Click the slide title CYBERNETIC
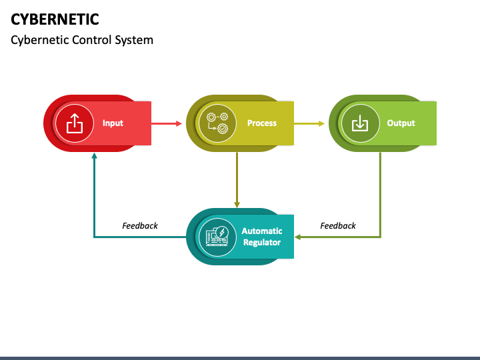(x=55, y=18)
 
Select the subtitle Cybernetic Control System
(x=82, y=40)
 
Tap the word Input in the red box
(x=113, y=123)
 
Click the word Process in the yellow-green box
(x=261, y=123)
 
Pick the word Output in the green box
(x=401, y=123)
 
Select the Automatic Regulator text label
(x=261, y=237)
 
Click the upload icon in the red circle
(x=75, y=123)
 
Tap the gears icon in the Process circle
(x=217, y=123)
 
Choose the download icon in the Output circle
(x=359, y=123)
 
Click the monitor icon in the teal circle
(x=217, y=237)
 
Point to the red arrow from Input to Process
(x=166, y=123)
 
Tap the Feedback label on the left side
(x=140, y=226)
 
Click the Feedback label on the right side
(x=338, y=226)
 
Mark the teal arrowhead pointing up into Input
(x=94, y=156)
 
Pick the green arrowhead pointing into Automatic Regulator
(x=299, y=237)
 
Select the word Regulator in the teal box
(x=261, y=243)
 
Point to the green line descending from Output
(x=380, y=193)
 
